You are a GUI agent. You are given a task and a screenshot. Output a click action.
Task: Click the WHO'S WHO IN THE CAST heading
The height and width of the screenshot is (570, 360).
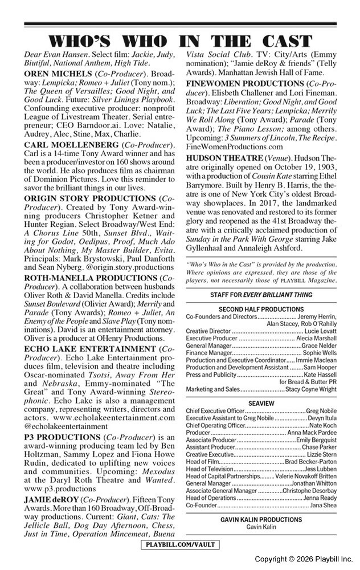[180, 41]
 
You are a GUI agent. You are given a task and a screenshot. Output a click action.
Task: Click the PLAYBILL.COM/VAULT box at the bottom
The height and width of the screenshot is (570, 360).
[180, 545]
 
